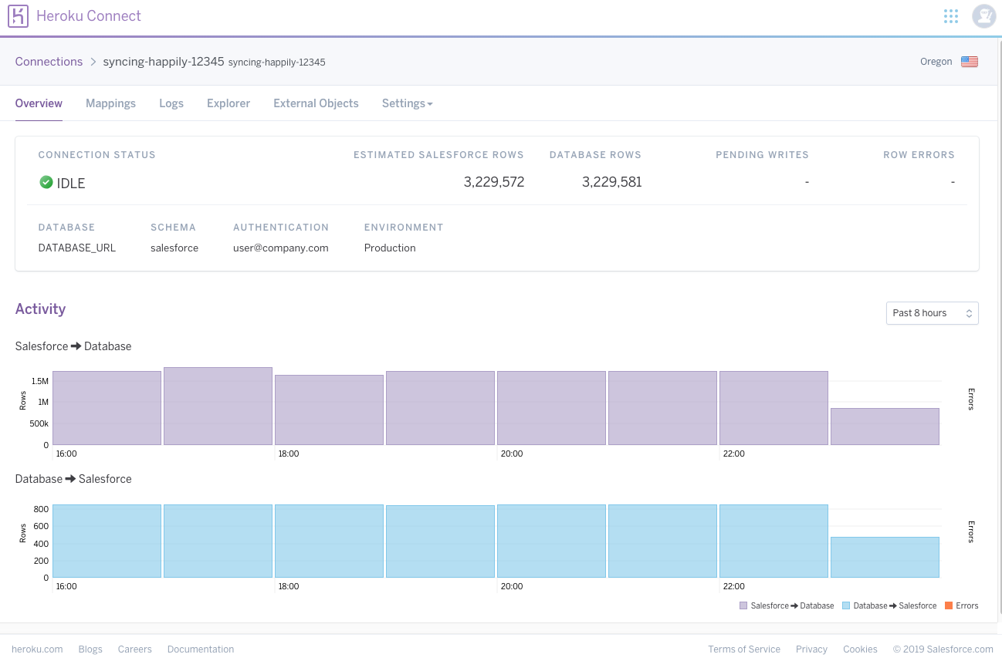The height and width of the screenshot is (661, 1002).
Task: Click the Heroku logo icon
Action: tap(18, 16)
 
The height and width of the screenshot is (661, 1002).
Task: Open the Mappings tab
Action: tap(110, 103)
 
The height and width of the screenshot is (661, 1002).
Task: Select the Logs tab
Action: tap(171, 103)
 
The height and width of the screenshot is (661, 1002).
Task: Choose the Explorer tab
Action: tap(228, 103)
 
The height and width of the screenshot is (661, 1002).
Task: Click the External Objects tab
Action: tap(316, 103)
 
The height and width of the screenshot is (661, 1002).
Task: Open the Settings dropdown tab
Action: tap(407, 103)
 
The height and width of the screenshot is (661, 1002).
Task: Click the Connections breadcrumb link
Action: tap(49, 61)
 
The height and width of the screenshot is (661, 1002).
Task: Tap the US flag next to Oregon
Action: tap(970, 61)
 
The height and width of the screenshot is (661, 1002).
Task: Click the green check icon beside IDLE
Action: tap(46, 182)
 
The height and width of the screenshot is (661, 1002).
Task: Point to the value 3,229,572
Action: tap(494, 182)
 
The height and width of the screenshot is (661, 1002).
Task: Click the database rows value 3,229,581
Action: tap(611, 182)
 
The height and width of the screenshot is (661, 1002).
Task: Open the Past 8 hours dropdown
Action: tap(933, 313)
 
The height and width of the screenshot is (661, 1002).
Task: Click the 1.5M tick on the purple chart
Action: tap(40, 381)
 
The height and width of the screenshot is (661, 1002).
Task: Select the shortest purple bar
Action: tap(885, 427)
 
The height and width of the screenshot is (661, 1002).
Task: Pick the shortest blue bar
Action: tap(885, 558)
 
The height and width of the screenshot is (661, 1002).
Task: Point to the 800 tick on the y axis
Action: tap(41, 509)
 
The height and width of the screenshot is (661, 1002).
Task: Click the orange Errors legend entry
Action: tap(961, 605)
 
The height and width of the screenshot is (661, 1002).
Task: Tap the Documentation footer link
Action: tap(201, 649)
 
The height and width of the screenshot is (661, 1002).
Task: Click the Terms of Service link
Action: tap(744, 649)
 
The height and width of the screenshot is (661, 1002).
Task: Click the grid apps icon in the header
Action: tap(951, 16)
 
